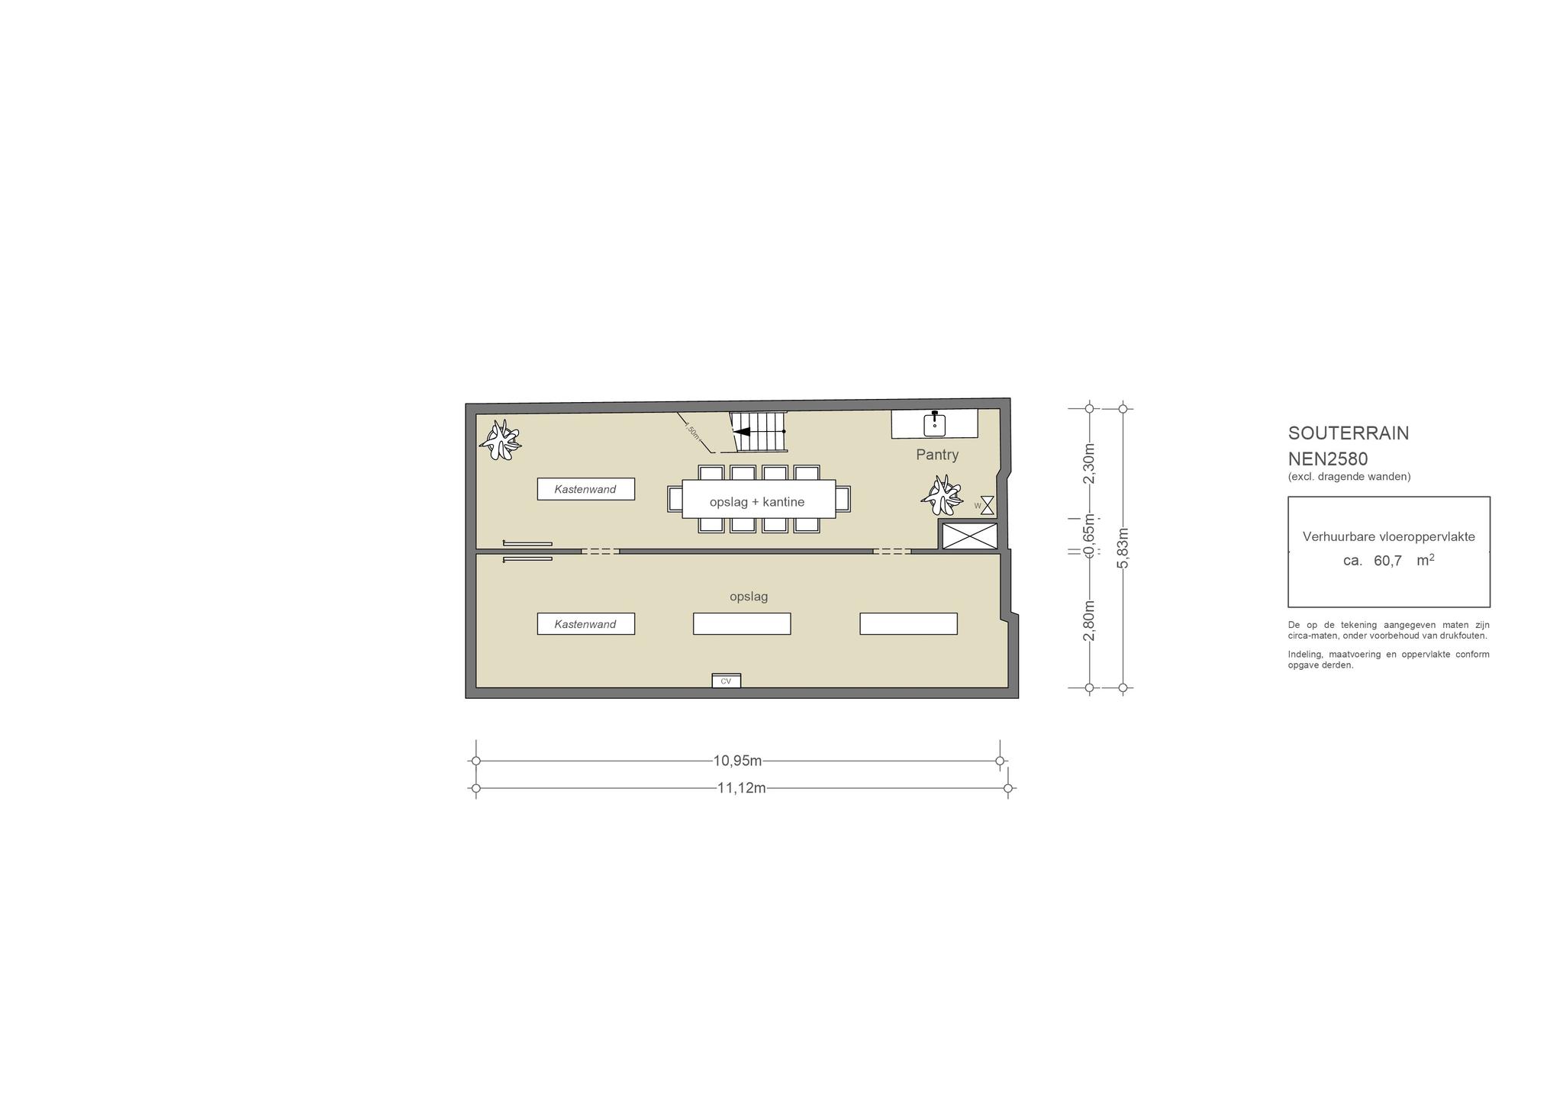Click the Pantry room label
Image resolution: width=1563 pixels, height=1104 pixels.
coord(937,455)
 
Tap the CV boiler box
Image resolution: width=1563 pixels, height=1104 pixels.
coord(726,681)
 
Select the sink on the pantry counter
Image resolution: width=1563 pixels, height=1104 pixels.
coord(934,423)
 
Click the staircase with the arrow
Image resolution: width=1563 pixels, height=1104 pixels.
coord(758,432)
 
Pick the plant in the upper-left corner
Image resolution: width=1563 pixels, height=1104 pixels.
coord(500,440)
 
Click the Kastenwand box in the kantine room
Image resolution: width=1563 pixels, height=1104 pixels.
coord(585,489)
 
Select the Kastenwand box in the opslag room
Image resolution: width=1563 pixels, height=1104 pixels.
coord(585,624)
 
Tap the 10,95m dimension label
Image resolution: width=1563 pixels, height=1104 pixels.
coord(737,761)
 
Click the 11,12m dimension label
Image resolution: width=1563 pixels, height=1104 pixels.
coord(741,788)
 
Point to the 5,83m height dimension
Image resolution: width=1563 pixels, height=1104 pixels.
coord(1123,548)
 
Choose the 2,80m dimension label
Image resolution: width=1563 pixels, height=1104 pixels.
coord(1089,621)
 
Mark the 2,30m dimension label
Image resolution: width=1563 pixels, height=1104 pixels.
coord(1089,464)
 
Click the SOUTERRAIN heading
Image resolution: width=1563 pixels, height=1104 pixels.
coord(1349,433)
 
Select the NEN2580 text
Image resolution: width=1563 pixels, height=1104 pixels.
coord(1328,459)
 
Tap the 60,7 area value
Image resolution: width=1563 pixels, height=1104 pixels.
coord(1387,561)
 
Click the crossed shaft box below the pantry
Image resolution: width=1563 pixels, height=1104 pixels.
coord(970,536)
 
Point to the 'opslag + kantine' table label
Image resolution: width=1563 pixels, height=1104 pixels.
coord(757,502)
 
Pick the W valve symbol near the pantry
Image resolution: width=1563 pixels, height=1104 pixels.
coord(988,505)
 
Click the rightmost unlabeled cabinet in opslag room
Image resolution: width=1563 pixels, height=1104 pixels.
coord(908,624)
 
